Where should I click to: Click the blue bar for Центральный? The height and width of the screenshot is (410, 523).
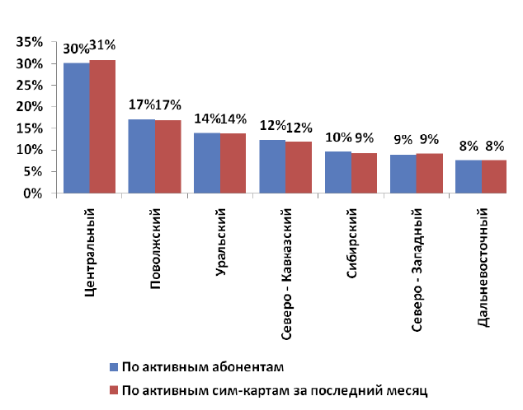[77, 128]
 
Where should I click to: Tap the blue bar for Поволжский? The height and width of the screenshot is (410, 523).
[141, 156]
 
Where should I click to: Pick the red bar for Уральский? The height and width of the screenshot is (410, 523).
[233, 163]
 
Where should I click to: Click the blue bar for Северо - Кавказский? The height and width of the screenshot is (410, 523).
[272, 166]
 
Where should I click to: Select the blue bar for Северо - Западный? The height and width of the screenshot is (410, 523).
[403, 174]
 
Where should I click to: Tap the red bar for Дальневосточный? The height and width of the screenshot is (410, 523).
[494, 176]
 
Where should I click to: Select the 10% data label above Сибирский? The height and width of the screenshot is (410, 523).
[337, 137]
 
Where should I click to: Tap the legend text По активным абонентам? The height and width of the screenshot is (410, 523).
[202, 366]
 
